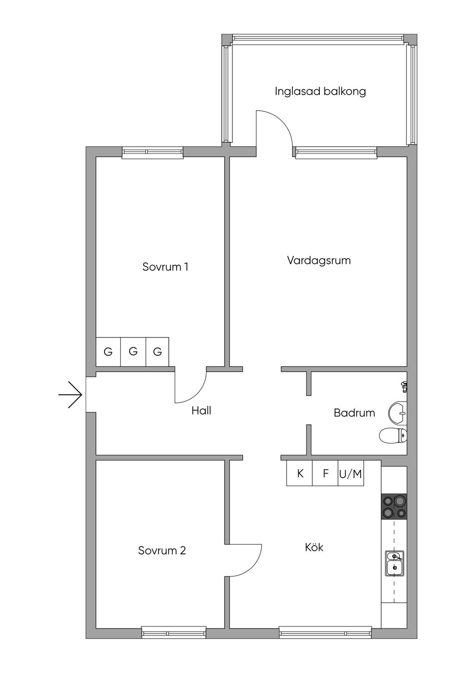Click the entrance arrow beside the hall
[x=70, y=395]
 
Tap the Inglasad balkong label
[x=320, y=92]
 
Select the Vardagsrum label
[x=319, y=260]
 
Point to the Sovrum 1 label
[x=165, y=267]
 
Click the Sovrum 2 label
[x=162, y=550]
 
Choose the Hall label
[x=201, y=410]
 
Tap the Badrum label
[x=354, y=413]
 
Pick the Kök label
[x=314, y=547]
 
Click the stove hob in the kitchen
[x=394, y=506]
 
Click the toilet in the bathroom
[x=393, y=435]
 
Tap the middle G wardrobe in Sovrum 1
[x=133, y=351]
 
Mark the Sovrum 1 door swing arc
[x=198, y=393]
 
